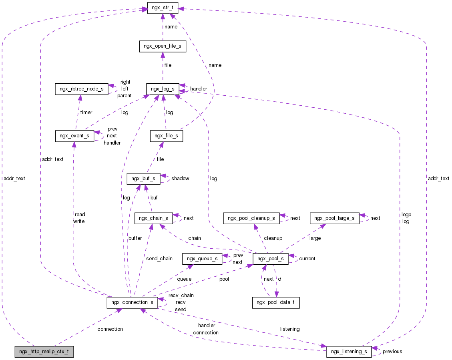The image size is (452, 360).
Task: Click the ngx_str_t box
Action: tap(163, 8)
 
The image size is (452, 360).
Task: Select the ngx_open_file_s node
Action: tap(162, 46)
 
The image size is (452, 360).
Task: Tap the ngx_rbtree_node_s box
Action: tap(81, 89)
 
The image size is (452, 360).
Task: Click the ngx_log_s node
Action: tap(163, 89)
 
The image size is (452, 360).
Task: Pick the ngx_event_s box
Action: tap(74, 136)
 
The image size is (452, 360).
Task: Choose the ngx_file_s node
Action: tap(167, 136)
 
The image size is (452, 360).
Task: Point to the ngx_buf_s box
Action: tap(143, 179)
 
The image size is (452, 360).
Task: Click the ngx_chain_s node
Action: tap(154, 218)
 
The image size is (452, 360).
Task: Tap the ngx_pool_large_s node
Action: tap(334, 218)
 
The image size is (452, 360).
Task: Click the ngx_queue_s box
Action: tap(202, 259)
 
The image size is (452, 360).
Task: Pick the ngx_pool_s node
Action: tap(271, 259)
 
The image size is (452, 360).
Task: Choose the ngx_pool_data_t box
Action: tap(276, 302)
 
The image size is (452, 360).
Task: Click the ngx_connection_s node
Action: tap(132, 302)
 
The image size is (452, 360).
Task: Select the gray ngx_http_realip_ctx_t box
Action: tap(44, 352)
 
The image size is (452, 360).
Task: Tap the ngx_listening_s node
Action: tap(349, 352)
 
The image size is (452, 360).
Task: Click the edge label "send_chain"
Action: tap(159, 259)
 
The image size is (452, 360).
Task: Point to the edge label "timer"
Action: tap(86, 113)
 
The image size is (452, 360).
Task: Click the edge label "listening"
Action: tap(290, 329)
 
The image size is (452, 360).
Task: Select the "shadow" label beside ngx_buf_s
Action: tap(180, 179)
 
